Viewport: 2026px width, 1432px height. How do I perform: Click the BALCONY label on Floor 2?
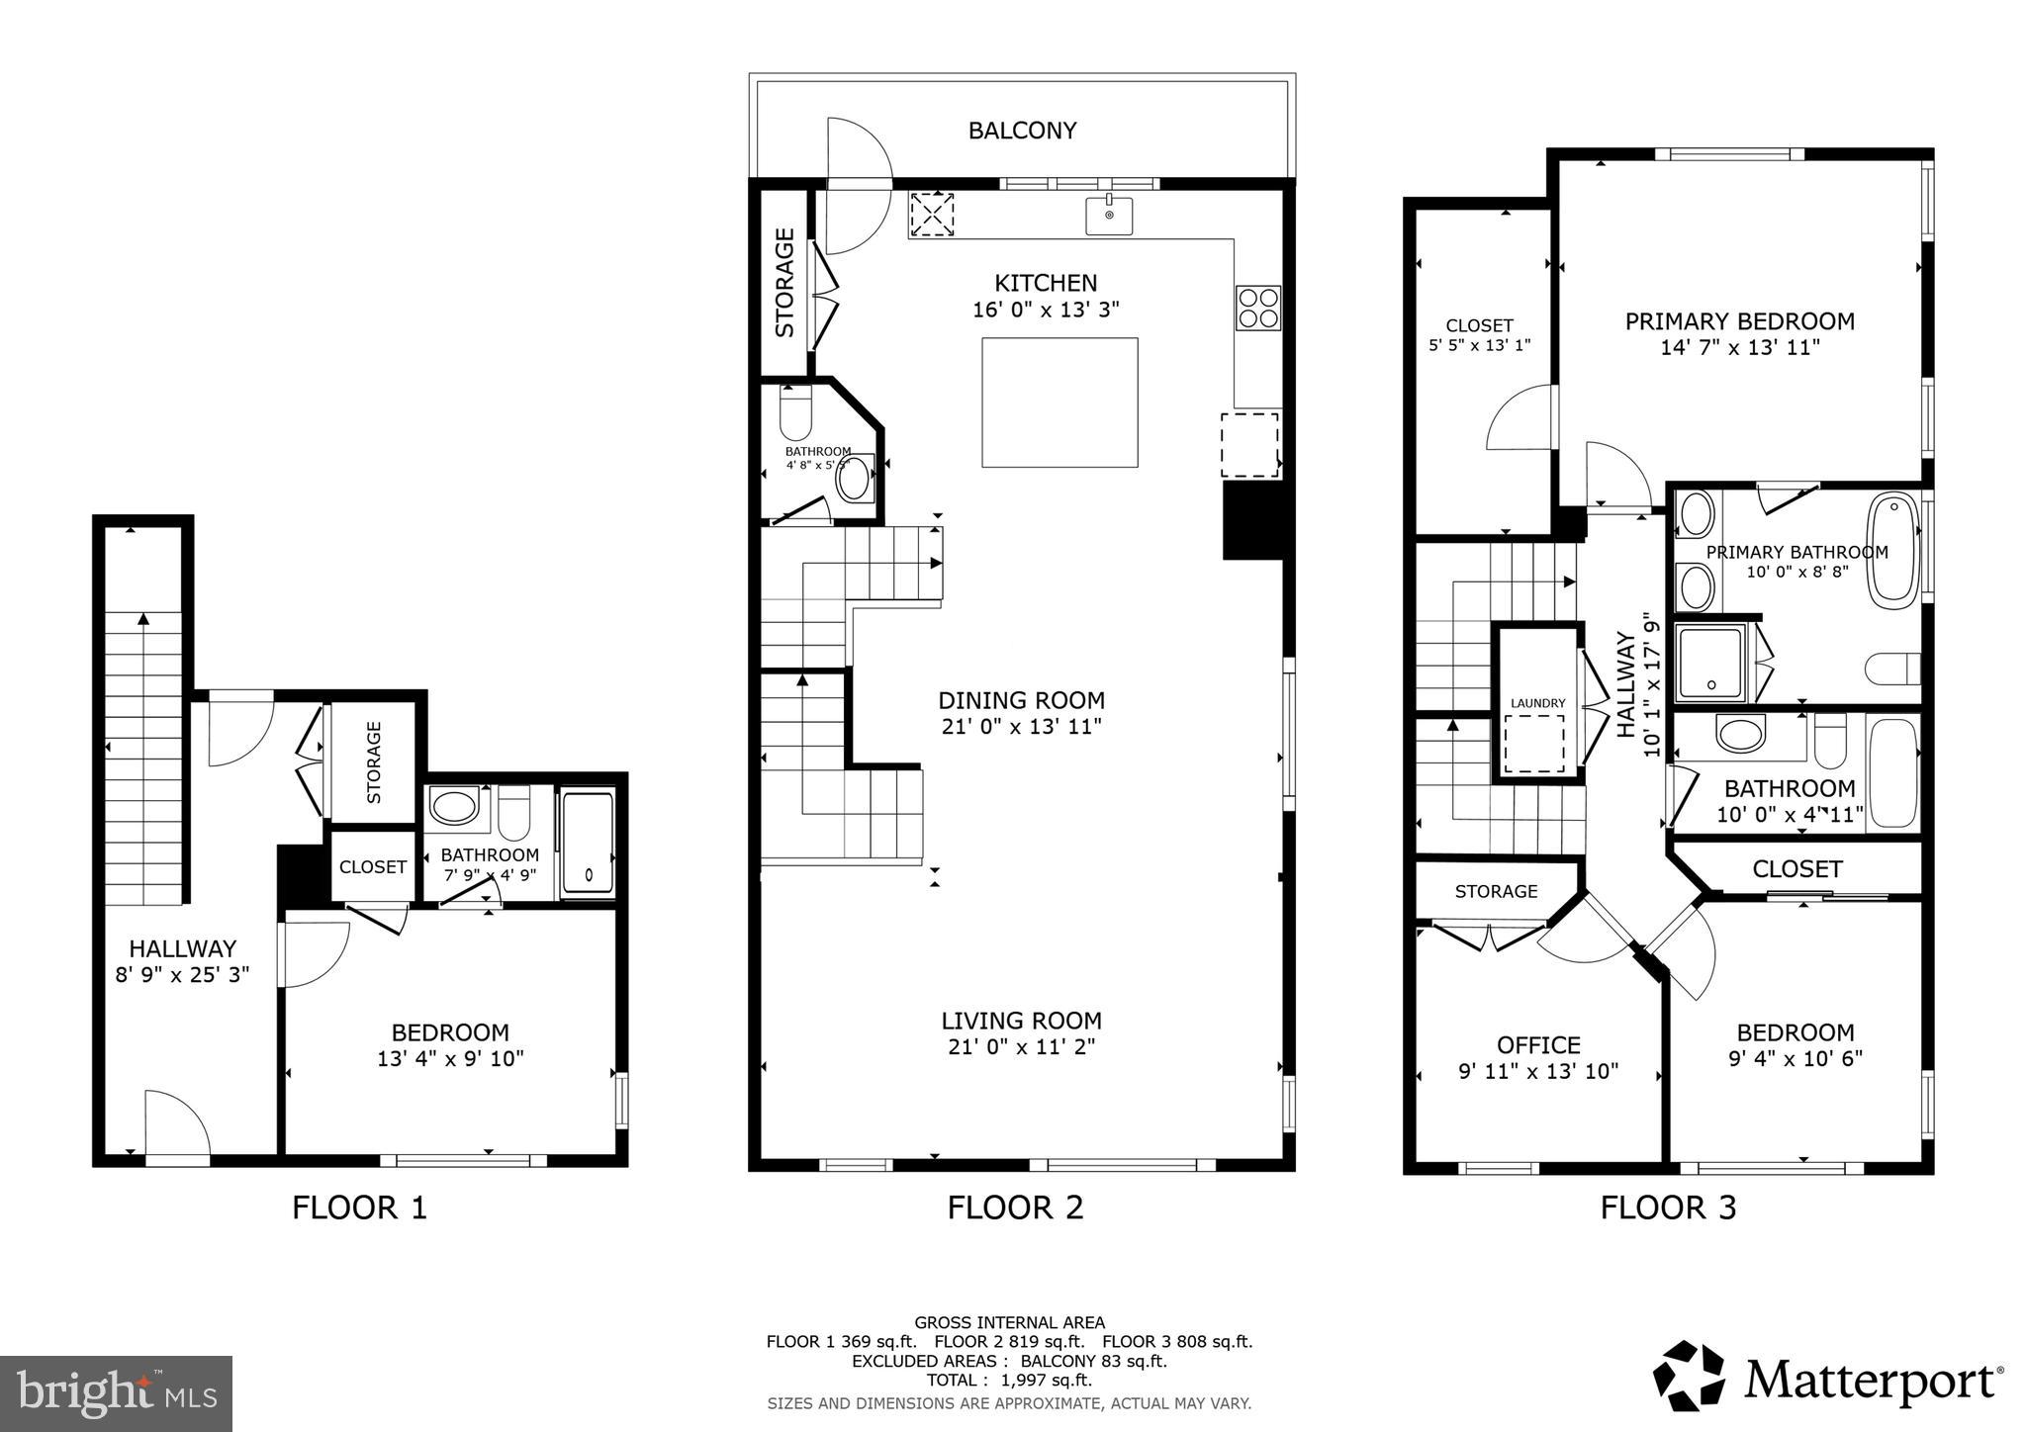tap(1022, 131)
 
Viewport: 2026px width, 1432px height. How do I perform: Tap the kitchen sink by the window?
tap(1109, 216)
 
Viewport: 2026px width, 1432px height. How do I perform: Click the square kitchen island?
tap(1059, 402)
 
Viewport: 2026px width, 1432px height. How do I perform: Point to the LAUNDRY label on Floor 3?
tap(1537, 703)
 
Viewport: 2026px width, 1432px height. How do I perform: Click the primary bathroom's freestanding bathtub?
tap(1892, 551)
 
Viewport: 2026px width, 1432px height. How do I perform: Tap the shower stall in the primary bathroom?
tap(1709, 661)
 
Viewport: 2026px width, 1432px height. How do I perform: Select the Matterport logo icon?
tap(1689, 1376)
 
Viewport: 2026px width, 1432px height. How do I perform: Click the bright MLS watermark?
tap(116, 1393)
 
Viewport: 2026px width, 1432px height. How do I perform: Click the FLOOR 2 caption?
tap(1015, 1208)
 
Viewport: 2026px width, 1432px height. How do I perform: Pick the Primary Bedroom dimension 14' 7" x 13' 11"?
tap(1740, 348)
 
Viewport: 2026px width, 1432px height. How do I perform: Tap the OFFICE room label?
tap(1538, 1045)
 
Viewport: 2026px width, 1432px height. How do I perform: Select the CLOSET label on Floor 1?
tap(372, 867)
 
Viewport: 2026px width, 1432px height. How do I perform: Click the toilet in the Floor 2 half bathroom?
tap(795, 413)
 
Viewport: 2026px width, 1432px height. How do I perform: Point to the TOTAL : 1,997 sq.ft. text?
tap(1008, 1380)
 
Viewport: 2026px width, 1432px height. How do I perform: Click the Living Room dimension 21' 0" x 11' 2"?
tap(1021, 1046)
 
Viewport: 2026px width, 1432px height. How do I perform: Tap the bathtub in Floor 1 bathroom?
tap(588, 844)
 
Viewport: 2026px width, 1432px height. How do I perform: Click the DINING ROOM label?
tap(1021, 700)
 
